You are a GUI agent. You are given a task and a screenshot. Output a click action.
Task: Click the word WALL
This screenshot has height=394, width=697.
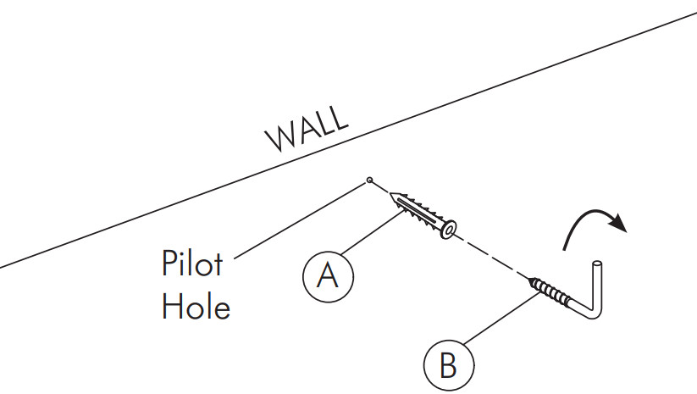306,129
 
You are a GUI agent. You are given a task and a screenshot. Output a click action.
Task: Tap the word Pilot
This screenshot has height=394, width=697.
192,264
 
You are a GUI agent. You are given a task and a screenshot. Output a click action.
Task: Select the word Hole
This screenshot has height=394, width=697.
196,305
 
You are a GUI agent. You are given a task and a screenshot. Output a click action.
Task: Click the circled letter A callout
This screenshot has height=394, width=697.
328,275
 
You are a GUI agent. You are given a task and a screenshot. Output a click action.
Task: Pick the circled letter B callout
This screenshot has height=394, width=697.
449,367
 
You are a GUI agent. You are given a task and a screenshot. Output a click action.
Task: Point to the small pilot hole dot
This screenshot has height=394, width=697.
370,180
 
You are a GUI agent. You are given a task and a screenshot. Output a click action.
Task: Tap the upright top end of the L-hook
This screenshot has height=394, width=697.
598,265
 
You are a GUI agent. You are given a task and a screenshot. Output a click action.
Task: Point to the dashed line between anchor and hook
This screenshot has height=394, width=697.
491,255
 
